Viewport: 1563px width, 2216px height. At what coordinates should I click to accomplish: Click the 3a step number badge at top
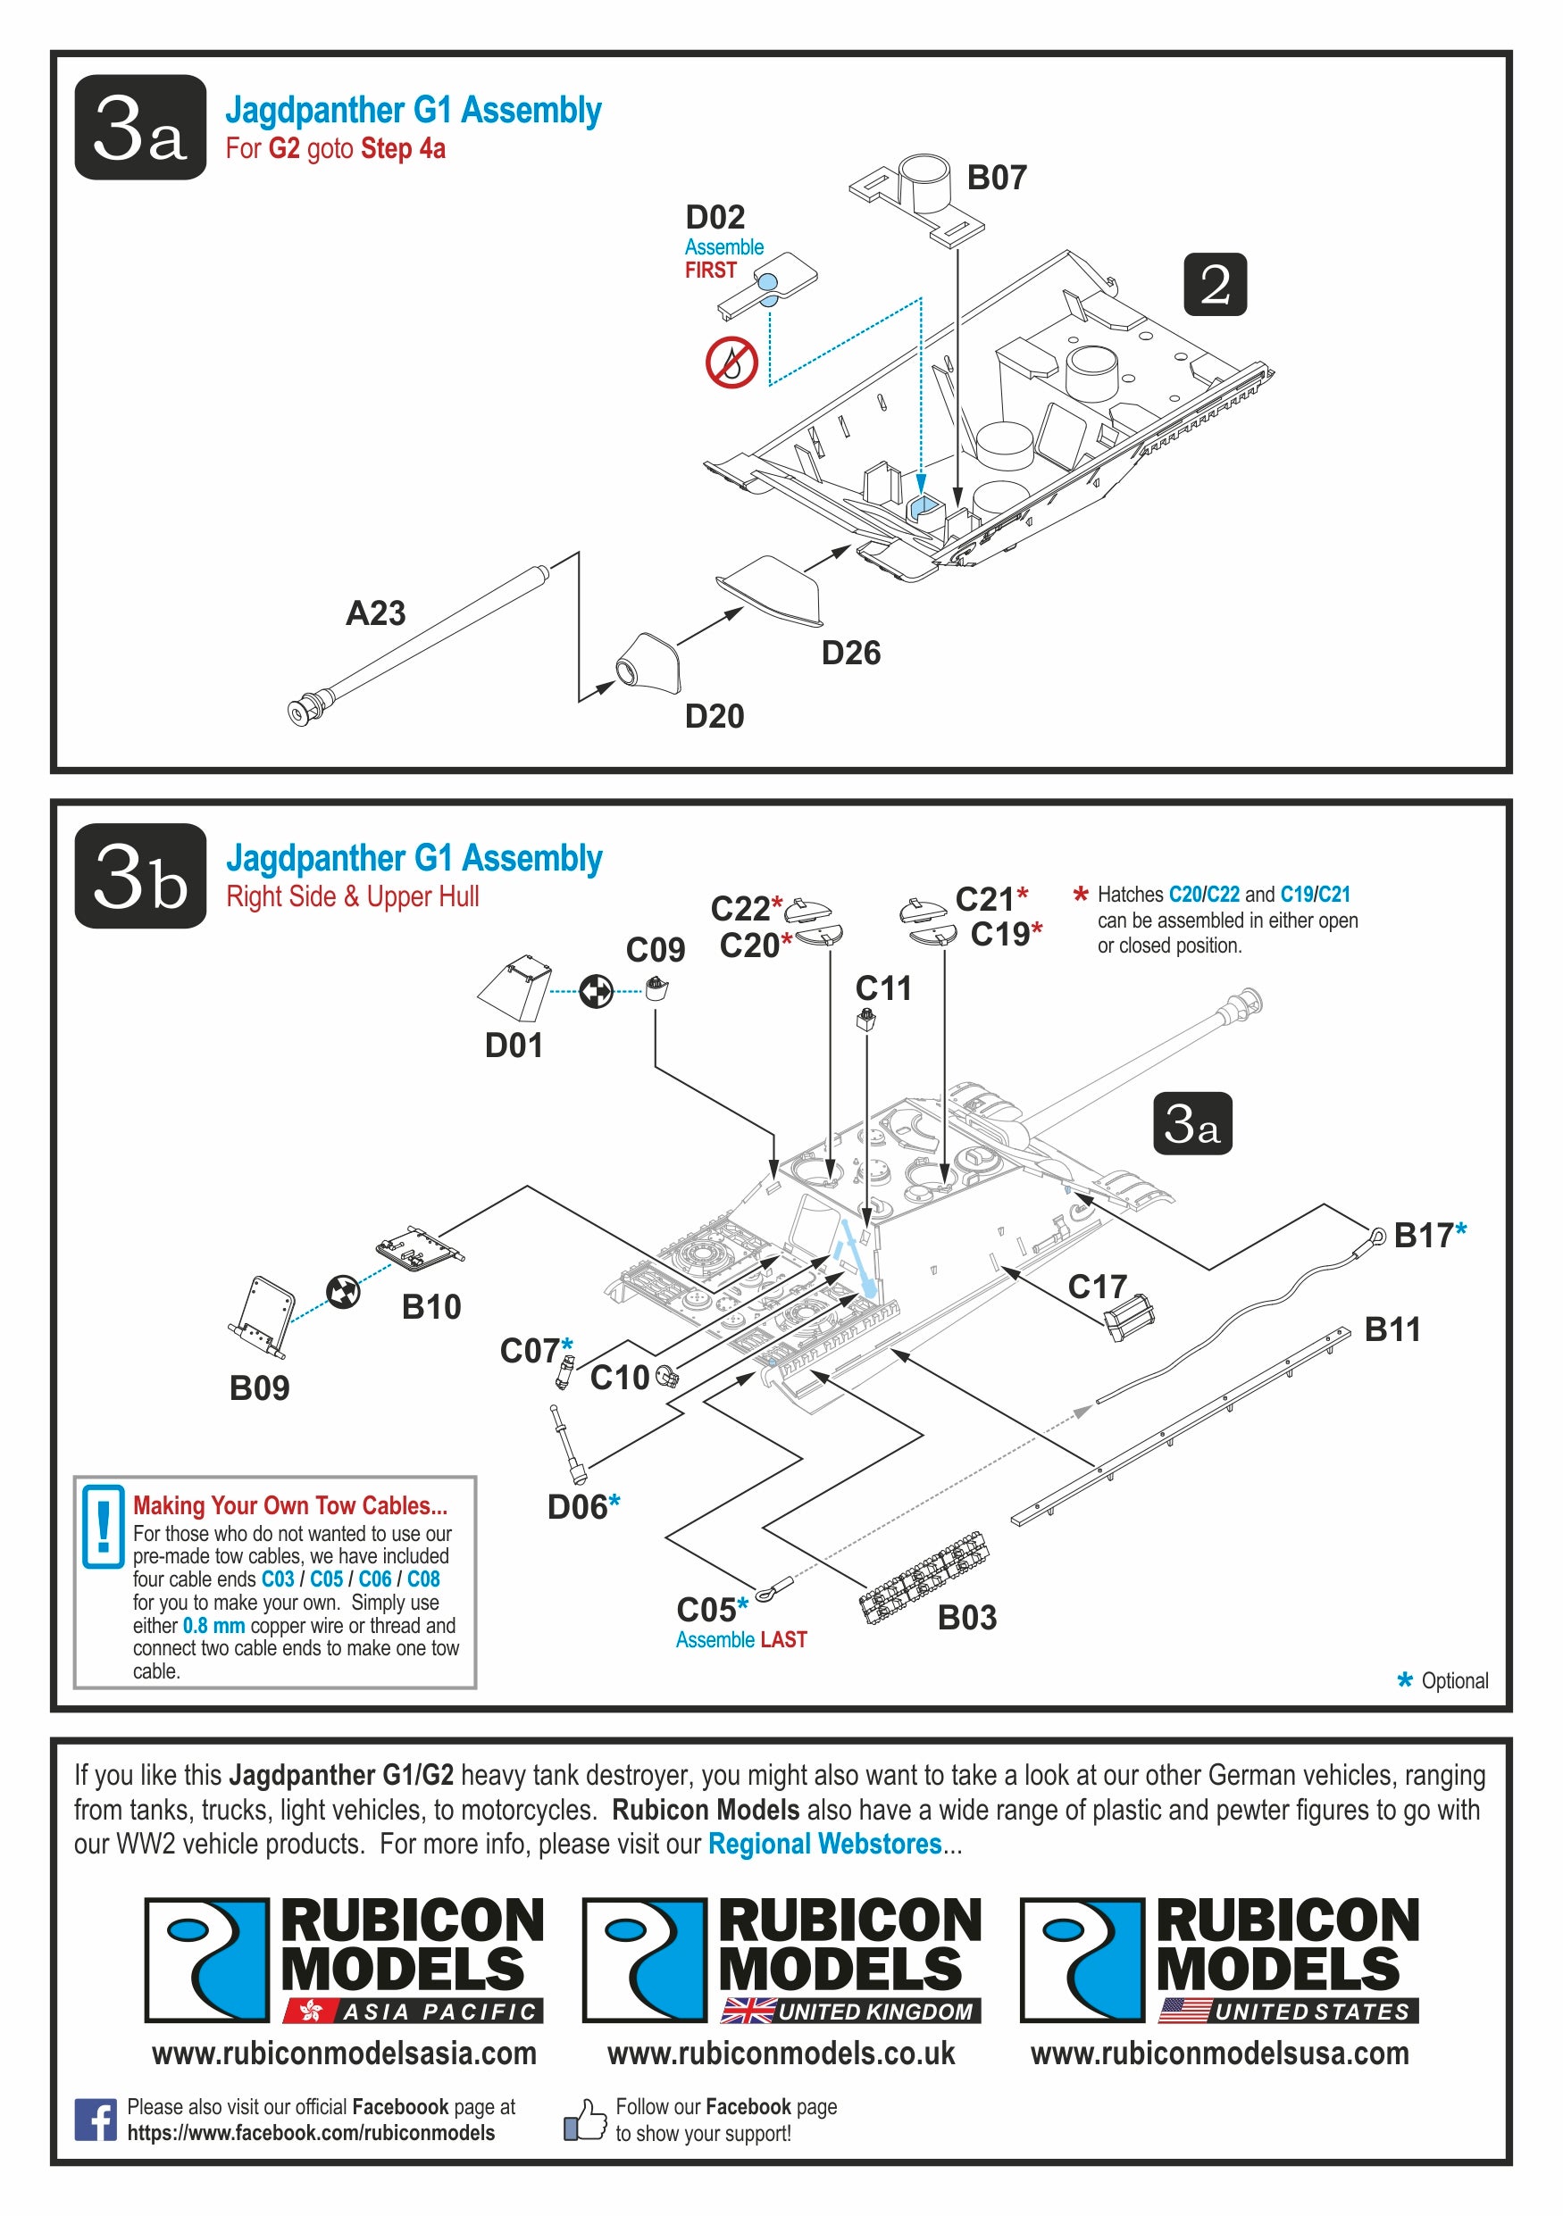coord(140,127)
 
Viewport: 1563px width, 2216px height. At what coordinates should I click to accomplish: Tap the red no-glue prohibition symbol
coord(731,362)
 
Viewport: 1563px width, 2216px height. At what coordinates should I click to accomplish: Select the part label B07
coord(997,178)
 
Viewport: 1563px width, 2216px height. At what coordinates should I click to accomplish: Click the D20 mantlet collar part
coord(648,662)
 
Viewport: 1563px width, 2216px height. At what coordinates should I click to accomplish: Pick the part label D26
coord(850,654)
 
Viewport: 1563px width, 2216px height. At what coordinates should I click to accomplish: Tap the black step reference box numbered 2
coord(1215,284)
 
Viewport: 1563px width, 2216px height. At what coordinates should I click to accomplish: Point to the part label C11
coord(882,988)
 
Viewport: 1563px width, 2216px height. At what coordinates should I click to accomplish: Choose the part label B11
coord(1392,1329)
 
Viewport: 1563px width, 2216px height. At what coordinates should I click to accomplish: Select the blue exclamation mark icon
coord(103,1526)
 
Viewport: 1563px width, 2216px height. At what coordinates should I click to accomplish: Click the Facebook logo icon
coord(95,2120)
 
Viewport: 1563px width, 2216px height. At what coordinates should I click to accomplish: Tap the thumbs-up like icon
coord(585,2120)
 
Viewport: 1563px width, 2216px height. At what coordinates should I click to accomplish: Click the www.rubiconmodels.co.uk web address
coord(780,2053)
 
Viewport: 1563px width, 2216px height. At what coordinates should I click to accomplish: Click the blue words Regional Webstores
coord(824,1844)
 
